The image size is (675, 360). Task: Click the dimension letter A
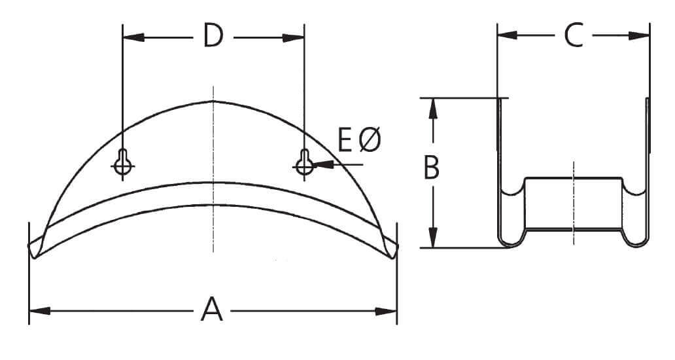pyautogui.click(x=213, y=310)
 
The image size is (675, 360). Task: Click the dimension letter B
pyautogui.click(x=431, y=168)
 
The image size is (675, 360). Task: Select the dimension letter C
pyautogui.click(x=573, y=36)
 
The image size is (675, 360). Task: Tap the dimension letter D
pyautogui.click(x=213, y=37)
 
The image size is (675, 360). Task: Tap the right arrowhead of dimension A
pyautogui.click(x=387, y=311)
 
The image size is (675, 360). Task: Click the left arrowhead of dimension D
pyautogui.click(x=133, y=38)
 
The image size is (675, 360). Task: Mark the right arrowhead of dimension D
pyautogui.click(x=294, y=38)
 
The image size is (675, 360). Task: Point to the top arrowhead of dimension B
pyautogui.click(x=432, y=109)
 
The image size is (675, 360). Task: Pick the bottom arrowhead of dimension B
pyautogui.click(x=432, y=237)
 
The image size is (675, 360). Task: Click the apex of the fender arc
pyautogui.click(x=213, y=101)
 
